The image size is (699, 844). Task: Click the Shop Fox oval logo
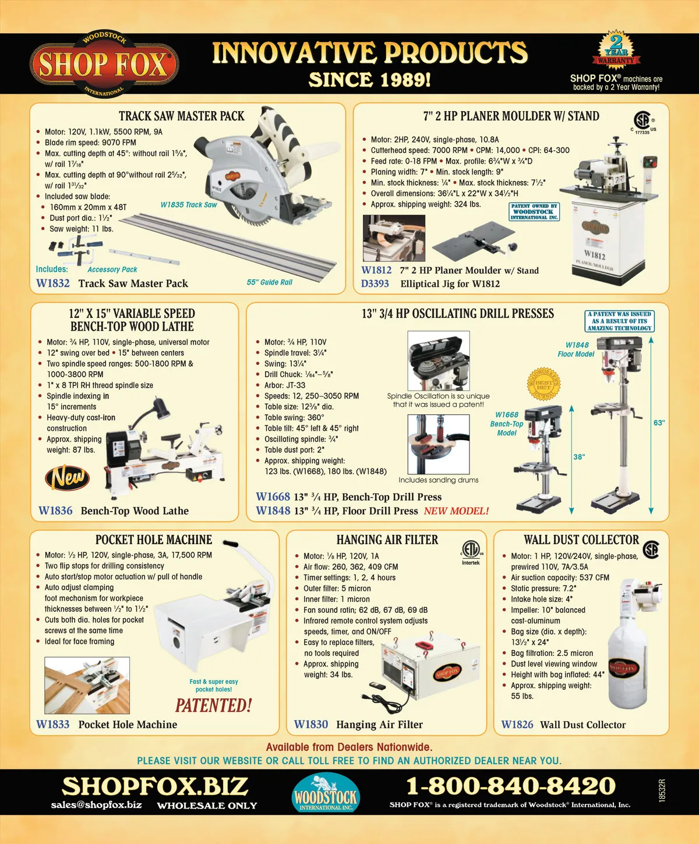pyautogui.click(x=104, y=64)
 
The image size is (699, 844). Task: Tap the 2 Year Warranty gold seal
pyautogui.click(x=616, y=51)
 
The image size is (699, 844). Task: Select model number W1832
pyautogui.click(x=52, y=283)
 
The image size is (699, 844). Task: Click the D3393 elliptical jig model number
pyautogui.click(x=375, y=283)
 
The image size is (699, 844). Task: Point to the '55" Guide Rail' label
pyautogui.click(x=269, y=282)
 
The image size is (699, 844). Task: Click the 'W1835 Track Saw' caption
pyautogui.click(x=189, y=204)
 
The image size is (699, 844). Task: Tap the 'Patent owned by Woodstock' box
pyautogui.click(x=534, y=211)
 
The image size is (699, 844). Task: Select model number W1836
pyautogui.click(x=55, y=510)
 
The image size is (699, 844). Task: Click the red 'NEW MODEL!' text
pyautogui.click(x=456, y=511)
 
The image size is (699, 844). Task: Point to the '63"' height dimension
pyautogui.click(x=659, y=423)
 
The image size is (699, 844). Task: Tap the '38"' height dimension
pyautogui.click(x=579, y=457)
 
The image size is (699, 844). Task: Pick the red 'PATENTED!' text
pyautogui.click(x=213, y=705)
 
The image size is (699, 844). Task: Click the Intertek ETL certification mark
pyautogui.click(x=471, y=552)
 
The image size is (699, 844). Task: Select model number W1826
pyautogui.click(x=517, y=724)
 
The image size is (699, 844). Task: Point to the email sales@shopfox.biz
pyautogui.click(x=96, y=804)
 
